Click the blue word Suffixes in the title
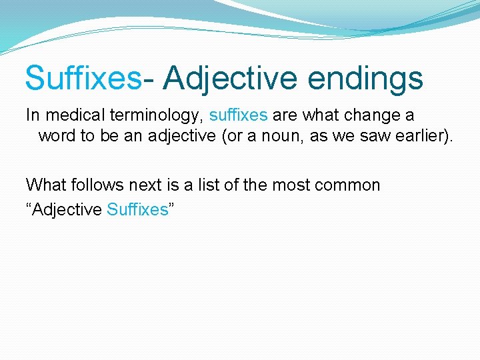coord(83,78)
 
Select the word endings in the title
coord(365,78)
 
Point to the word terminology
coord(155,115)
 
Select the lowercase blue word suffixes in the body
coord(238,115)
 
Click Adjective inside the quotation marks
coord(67,209)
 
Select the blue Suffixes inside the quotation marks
coord(137,209)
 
